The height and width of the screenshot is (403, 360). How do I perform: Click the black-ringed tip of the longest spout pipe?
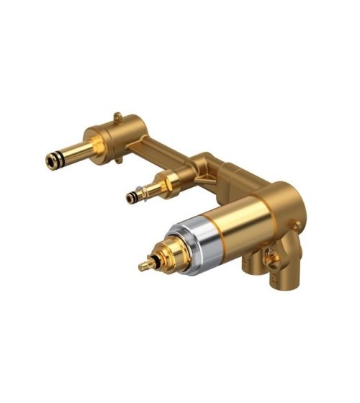(52, 162)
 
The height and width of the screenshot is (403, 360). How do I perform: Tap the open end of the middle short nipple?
(130, 196)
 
